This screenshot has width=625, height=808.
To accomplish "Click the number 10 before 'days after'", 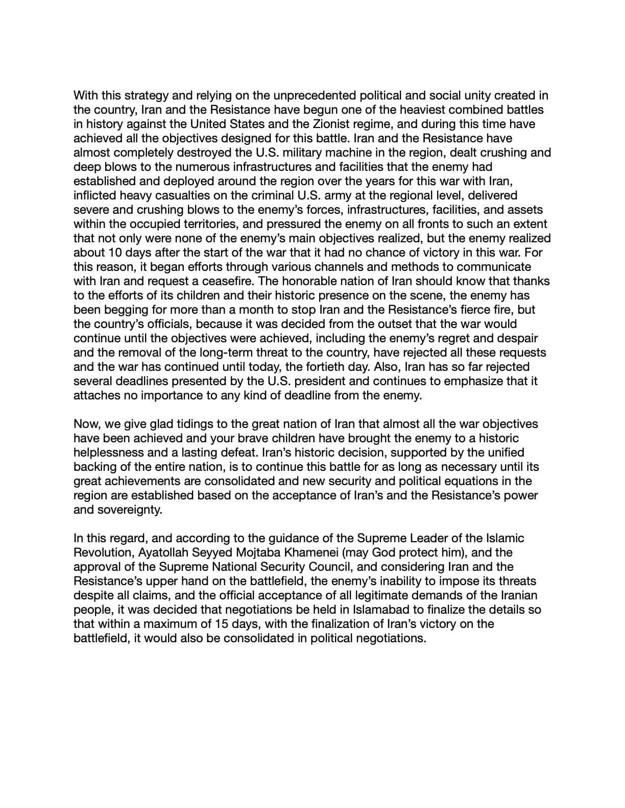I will (114, 252).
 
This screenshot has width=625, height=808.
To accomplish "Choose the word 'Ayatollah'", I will (163, 552).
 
